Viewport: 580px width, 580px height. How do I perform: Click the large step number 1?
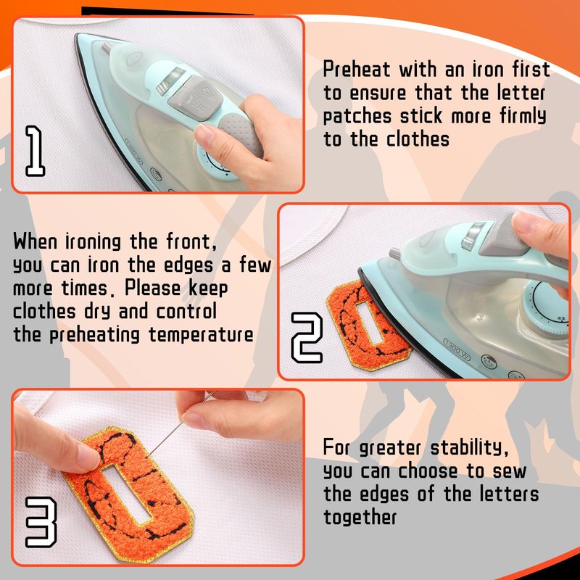[35, 151]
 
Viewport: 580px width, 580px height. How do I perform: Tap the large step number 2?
[306, 337]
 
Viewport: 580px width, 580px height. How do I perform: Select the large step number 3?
[41, 522]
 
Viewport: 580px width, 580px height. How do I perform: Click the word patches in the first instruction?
[357, 117]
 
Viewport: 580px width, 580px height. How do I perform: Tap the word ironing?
[93, 241]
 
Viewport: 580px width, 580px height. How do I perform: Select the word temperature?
[202, 335]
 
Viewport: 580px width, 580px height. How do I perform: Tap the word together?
[360, 517]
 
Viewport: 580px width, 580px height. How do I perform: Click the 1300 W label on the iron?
[457, 349]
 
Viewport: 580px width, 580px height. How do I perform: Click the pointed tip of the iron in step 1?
[77, 36]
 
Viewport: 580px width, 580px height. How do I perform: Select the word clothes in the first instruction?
[418, 139]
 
